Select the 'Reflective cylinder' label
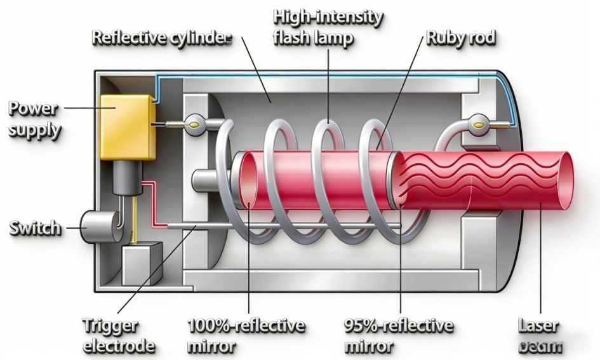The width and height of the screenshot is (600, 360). tap(163, 37)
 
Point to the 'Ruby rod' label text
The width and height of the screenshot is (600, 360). tap(461, 37)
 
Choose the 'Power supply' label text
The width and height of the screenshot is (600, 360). tap(36, 119)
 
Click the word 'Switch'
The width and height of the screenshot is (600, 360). tap(36, 228)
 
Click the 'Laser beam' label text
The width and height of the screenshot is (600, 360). tap(540, 337)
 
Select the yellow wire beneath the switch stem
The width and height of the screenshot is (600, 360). tap(133, 229)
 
